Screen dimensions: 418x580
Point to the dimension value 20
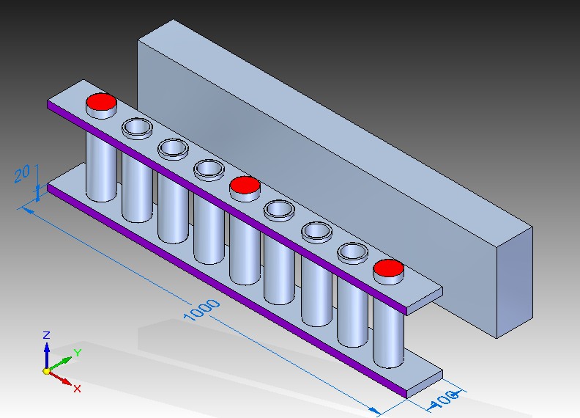(23, 173)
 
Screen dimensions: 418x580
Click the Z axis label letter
(46, 335)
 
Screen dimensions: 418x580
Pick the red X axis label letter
(77, 388)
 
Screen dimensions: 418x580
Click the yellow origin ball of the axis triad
(47, 371)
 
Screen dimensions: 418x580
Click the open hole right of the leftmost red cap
(137, 128)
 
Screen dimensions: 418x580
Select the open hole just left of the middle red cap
(209, 169)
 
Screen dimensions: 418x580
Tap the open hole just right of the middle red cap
(280, 210)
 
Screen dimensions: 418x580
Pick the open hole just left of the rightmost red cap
(352, 252)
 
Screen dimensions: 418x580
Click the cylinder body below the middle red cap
(245, 246)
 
